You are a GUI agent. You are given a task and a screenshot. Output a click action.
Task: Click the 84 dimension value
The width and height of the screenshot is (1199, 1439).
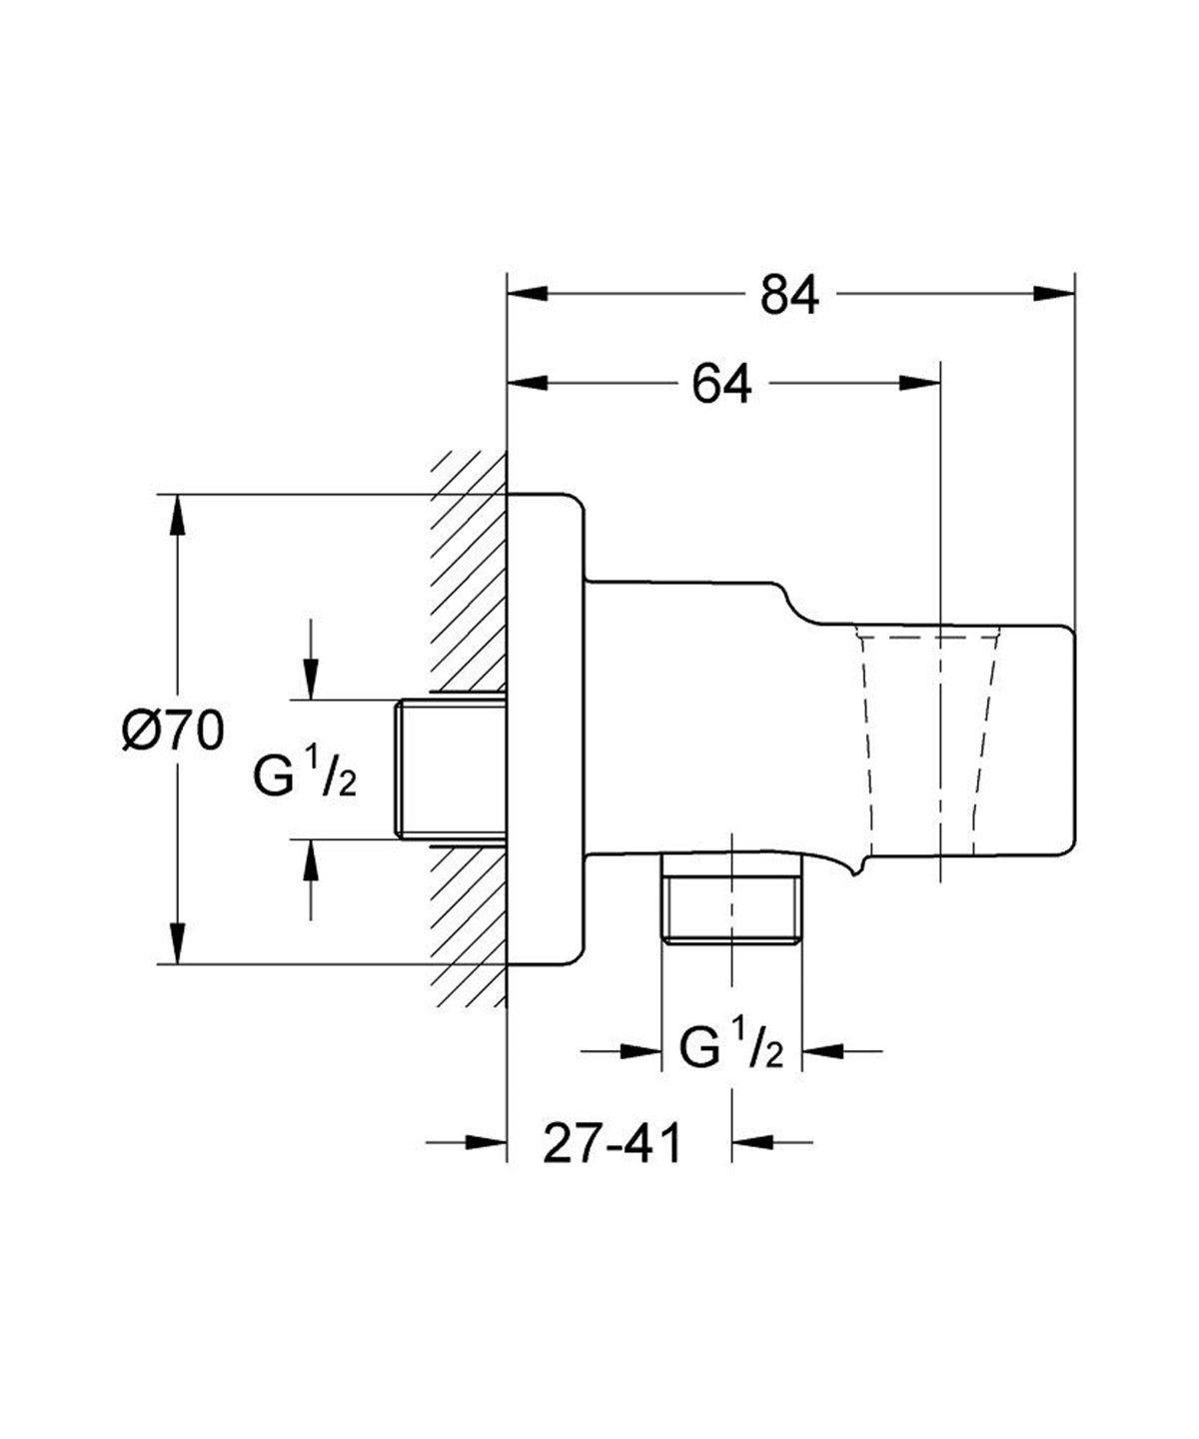[x=788, y=295]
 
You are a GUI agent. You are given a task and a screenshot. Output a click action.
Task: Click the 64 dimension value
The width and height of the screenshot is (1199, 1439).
[x=722, y=385]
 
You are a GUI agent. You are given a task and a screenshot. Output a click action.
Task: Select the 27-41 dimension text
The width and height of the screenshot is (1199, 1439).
[x=611, y=1142]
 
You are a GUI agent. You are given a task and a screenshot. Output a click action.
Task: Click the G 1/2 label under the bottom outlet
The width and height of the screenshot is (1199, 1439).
[x=731, y=1050]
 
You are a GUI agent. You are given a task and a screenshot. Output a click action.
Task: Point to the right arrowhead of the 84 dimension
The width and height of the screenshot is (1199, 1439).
[x=1053, y=293]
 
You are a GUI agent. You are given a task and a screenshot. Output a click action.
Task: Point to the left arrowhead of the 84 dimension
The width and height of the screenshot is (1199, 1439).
[x=530, y=293]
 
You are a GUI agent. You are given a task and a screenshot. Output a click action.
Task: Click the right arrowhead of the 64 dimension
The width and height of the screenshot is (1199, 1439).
[x=920, y=384]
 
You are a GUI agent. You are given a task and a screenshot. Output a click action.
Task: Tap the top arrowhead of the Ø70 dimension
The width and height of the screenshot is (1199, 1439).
[x=177, y=515]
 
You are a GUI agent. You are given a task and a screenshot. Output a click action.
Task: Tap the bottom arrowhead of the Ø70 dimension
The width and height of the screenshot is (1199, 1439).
[x=177, y=942]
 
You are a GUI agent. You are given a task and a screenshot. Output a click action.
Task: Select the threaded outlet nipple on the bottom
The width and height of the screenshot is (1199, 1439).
[x=731, y=897]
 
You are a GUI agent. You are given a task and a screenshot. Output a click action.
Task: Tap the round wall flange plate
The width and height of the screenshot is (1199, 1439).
[x=545, y=729]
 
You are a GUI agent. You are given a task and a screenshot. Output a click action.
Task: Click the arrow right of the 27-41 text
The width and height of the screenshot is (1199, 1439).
[x=754, y=1141]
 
